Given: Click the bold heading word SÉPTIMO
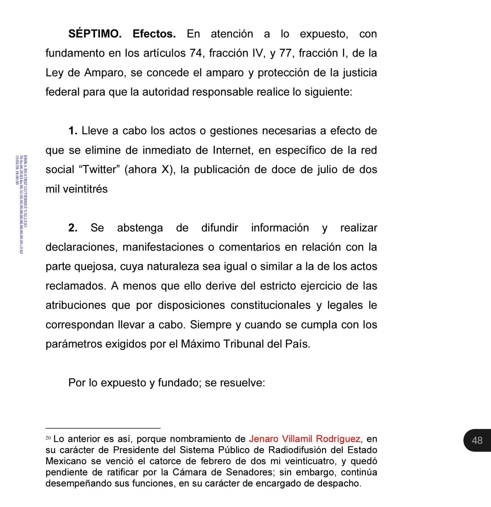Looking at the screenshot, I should pos(95,34).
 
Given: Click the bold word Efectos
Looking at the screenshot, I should pos(154,34).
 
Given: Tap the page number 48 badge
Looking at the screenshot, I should pos(477,440).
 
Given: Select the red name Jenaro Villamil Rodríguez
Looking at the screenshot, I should pos(304,439).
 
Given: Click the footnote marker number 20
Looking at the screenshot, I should pos(48,438).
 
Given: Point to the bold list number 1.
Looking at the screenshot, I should pos(73,131).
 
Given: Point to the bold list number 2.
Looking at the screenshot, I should pos(73,228).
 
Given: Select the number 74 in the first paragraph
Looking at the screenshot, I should pos(196,53).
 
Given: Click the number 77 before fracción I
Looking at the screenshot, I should pos(285,53).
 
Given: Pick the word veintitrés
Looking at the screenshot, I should pos(85,189).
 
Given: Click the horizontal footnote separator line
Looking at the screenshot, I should pos(103,428).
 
